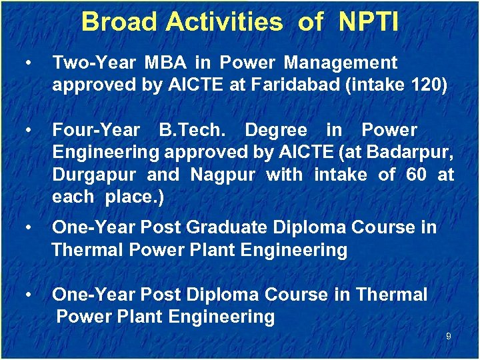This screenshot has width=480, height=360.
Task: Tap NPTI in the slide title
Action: coord(369,22)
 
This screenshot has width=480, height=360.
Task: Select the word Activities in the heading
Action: coord(225,22)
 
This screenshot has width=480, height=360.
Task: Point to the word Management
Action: coord(340,63)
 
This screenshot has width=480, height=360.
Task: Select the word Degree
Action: coord(276,130)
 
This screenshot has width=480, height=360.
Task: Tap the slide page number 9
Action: coord(448,337)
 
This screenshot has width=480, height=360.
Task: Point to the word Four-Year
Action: coord(96,130)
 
